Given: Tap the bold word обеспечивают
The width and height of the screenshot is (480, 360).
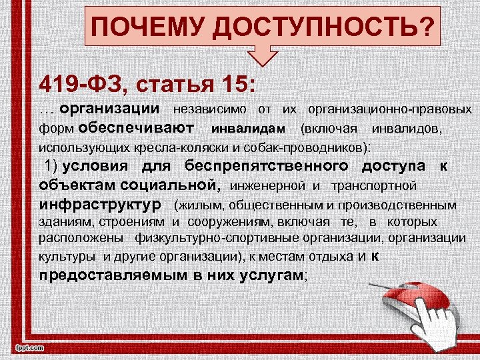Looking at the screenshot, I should pyautogui.click(x=136, y=127).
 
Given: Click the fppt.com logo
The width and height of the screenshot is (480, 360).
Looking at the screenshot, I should pyautogui.click(x=27, y=347).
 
